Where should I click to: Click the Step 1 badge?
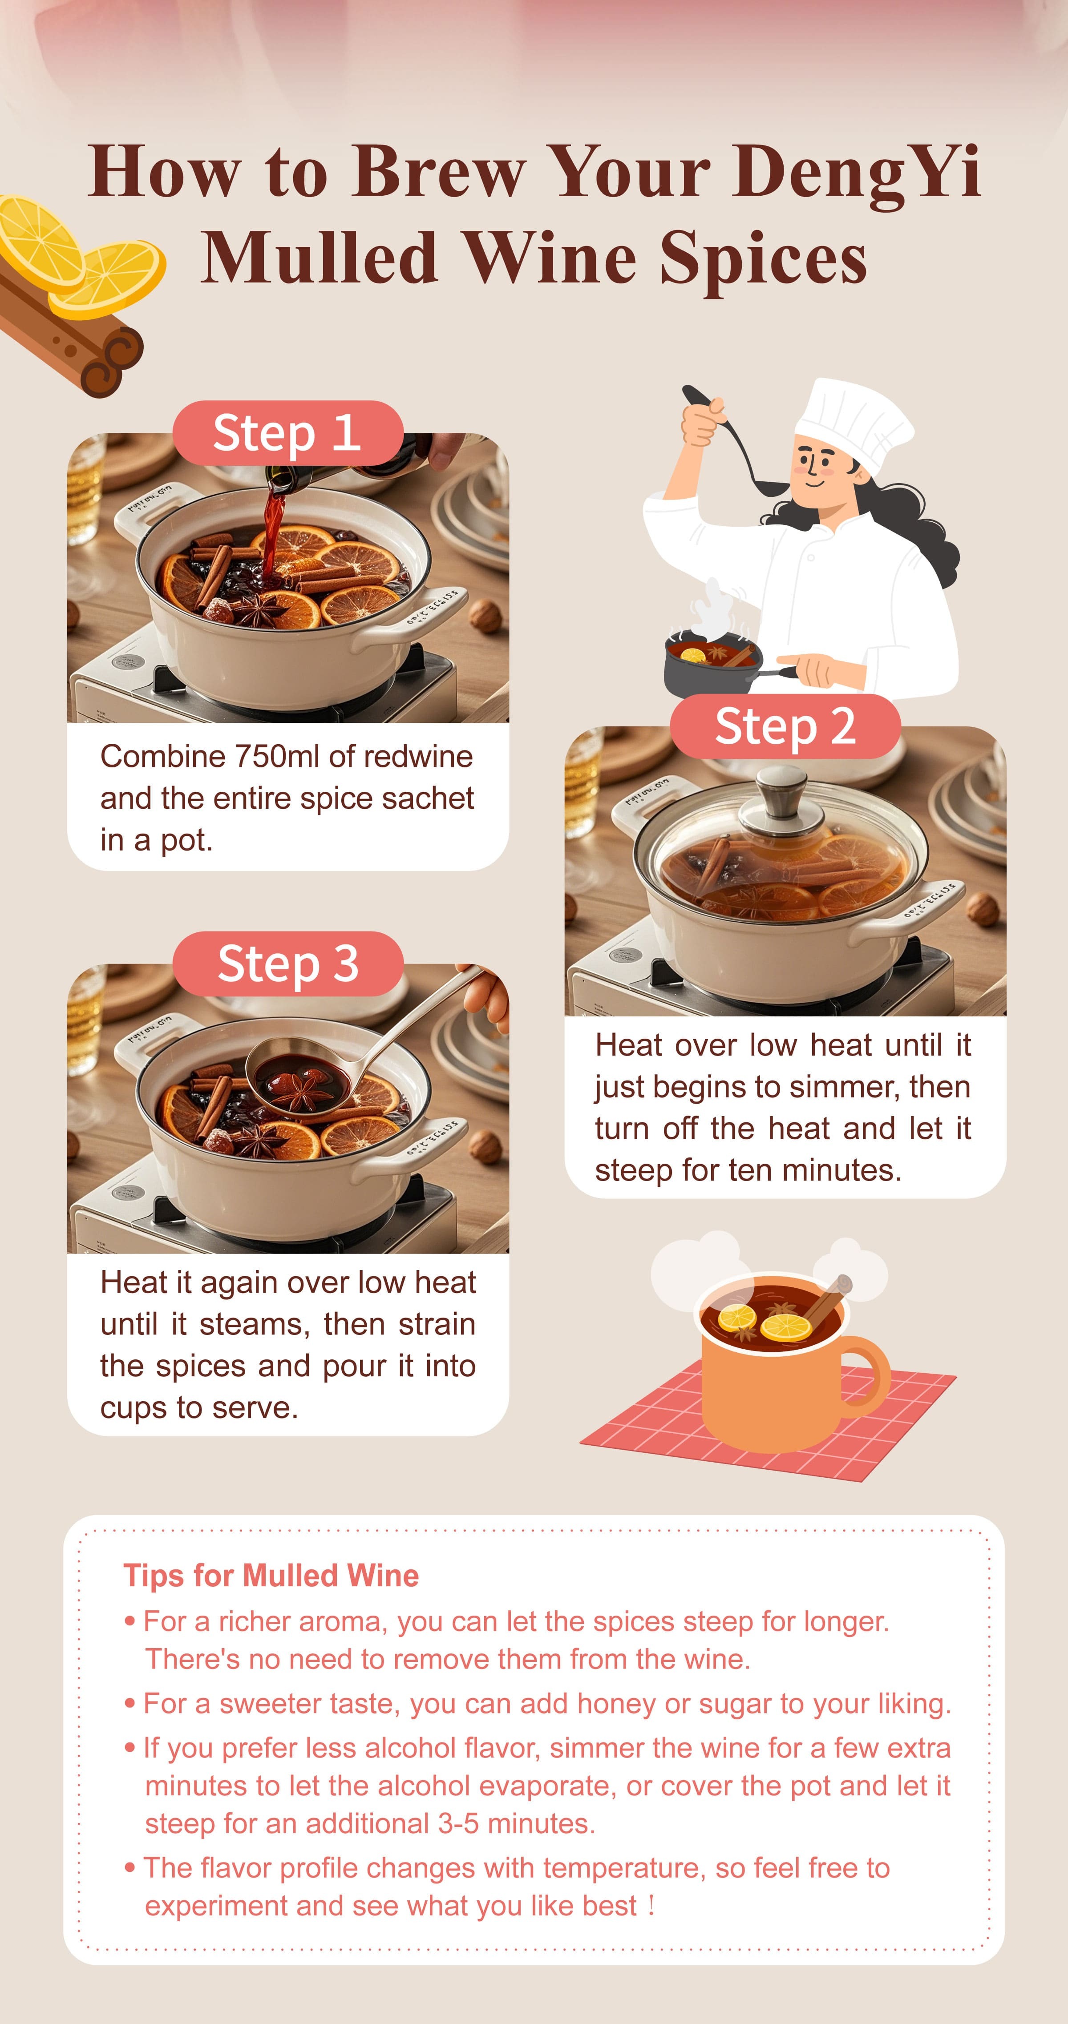(x=287, y=433)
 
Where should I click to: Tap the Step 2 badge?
(x=784, y=726)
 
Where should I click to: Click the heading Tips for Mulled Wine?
(x=271, y=1575)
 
